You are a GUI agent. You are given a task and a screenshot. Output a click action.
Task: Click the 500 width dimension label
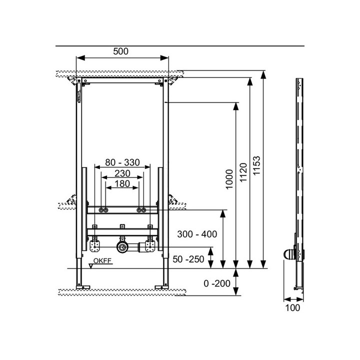pos(121,51)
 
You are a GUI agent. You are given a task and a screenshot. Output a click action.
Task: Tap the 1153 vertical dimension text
pos(257,165)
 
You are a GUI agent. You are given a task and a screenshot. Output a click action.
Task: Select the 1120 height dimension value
pos(243,172)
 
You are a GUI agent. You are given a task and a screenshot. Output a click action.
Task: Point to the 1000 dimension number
pos(229,179)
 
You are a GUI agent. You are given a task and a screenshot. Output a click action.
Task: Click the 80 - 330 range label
pos(122,162)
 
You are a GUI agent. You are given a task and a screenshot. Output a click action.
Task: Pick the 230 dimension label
pos(122,173)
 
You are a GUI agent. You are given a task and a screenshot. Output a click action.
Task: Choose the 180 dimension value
pos(122,183)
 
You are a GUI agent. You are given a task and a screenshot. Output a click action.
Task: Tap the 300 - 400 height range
pos(197,234)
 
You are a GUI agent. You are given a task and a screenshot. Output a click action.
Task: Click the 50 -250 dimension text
pos(188,259)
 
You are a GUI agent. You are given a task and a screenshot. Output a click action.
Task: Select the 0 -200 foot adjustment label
pos(217,283)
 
